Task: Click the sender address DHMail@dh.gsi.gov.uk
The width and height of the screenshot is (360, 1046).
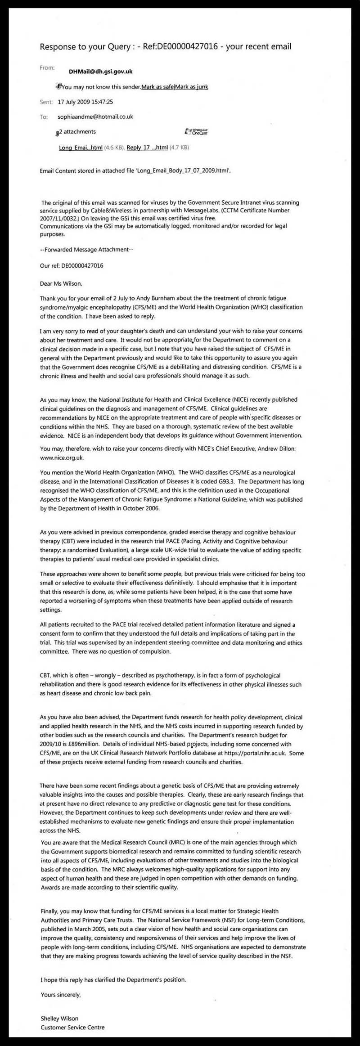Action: (101, 72)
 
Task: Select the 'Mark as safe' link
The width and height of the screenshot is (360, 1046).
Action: (157, 87)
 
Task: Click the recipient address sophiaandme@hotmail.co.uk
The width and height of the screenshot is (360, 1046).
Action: (95, 117)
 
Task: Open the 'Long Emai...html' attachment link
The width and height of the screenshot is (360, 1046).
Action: (81, 148)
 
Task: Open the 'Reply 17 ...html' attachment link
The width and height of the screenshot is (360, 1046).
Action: (147, 148)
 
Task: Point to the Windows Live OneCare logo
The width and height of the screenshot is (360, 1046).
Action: (197, 132)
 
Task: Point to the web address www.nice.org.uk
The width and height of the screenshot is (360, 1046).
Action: (62, 458)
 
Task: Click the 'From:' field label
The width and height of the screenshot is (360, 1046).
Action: (47, 68)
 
